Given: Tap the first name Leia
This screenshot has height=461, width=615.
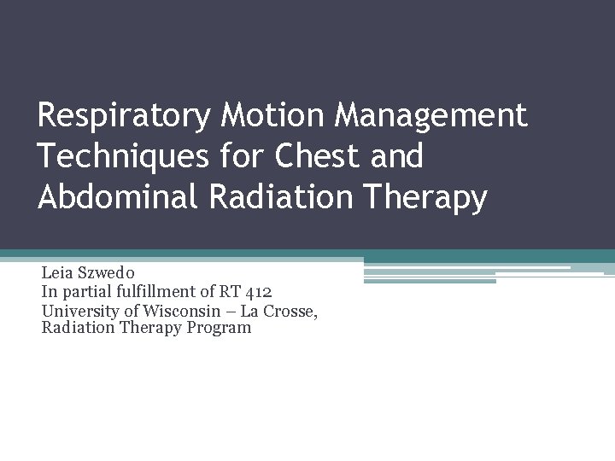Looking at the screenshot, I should pos(57,274).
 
